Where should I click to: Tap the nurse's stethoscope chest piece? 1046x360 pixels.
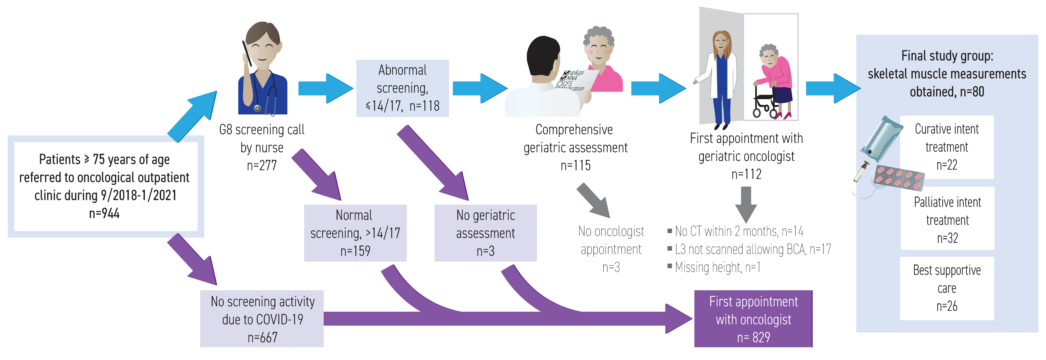tap(257, 108)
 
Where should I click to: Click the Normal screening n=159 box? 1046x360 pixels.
tap(355, 233)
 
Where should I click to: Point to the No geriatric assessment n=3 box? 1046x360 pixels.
tap(486, 233)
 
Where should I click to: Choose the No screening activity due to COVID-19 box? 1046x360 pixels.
tap(262, 319)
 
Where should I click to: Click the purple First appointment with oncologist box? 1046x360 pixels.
tap(753, 319)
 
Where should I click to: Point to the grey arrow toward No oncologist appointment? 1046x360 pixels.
tap(594, 200)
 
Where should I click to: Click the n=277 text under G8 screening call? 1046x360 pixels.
tap(262, 166)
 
